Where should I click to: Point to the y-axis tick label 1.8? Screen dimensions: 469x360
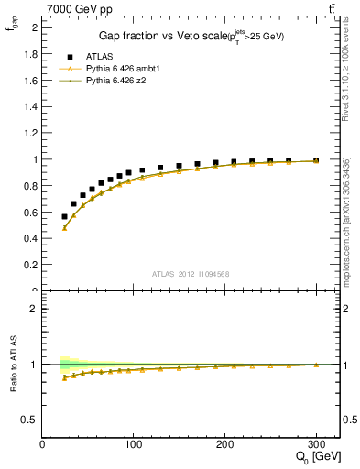click(x=29, y=54)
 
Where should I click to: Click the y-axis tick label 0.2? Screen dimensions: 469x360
click(x=29, y=266)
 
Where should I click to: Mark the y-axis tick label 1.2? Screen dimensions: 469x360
click(x=29, y=133)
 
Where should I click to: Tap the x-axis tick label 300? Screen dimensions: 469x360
click(x=316, y=445)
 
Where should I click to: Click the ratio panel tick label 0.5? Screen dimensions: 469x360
click(x=29, y=420)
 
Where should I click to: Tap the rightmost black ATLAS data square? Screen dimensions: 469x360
click(x=316, y=160)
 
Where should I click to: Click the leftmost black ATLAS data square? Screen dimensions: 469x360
click(x=64, y=216)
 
